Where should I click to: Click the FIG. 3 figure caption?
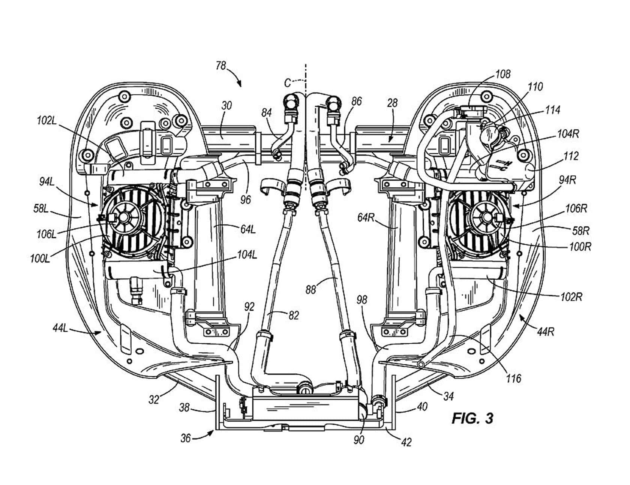[x=472, y=418]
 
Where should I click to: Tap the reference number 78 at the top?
[x=221, y=66]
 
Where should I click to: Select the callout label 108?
[x=502, y=74]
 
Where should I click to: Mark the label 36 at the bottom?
[x=186, y=437]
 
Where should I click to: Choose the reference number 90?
[x=359, y=439]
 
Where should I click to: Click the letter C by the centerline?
[x=288, y=83]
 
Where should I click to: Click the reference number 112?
[x=571, y=156]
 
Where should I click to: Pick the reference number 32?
[x=154, y=400]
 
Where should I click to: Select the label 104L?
[x=247, y=255]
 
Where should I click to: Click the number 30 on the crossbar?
[x=226, y=105]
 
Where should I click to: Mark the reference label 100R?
[x=579, y=247]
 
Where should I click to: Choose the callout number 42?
[x=406, y=442]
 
